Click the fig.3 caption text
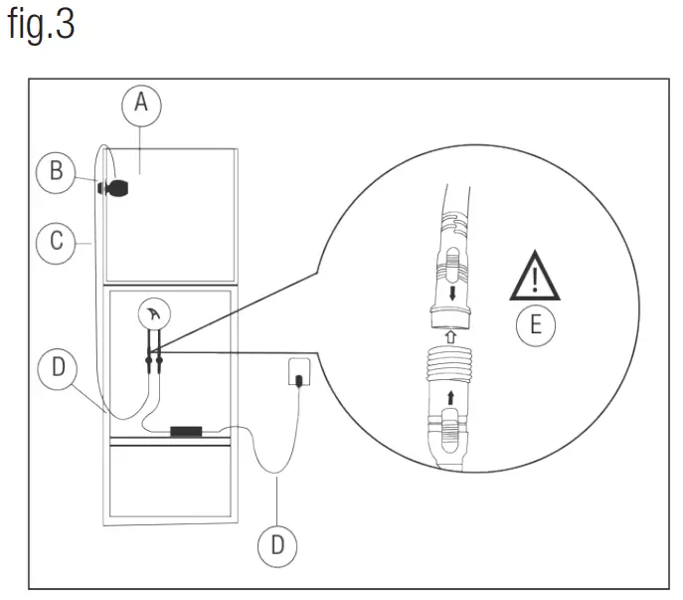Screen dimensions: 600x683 [42, 25]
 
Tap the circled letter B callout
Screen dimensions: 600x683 [57, 172]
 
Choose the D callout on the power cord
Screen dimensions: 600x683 [277, 544]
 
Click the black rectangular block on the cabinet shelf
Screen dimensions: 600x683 [186, 432]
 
